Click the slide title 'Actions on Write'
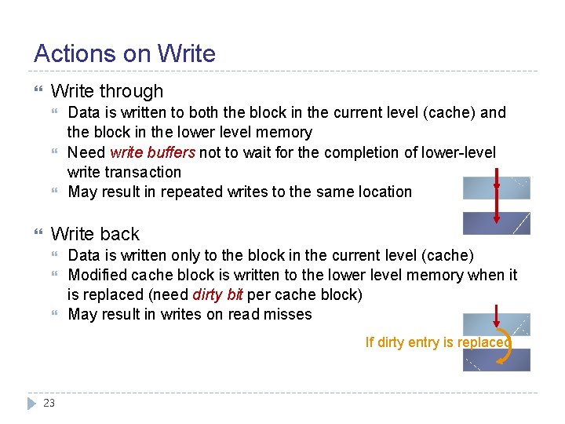[124, 53]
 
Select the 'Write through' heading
[107, 91]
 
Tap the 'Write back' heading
[95, 234]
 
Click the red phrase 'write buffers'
[153, 152]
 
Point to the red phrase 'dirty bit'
[217, 294]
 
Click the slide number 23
[49, 403]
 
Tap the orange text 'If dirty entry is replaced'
[438, 342]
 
